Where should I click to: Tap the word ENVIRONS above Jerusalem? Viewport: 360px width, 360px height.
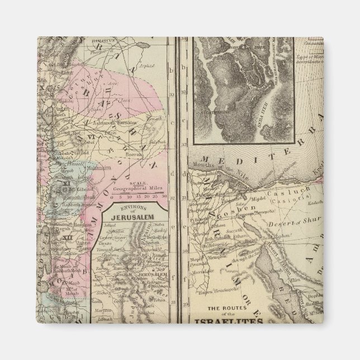131,209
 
